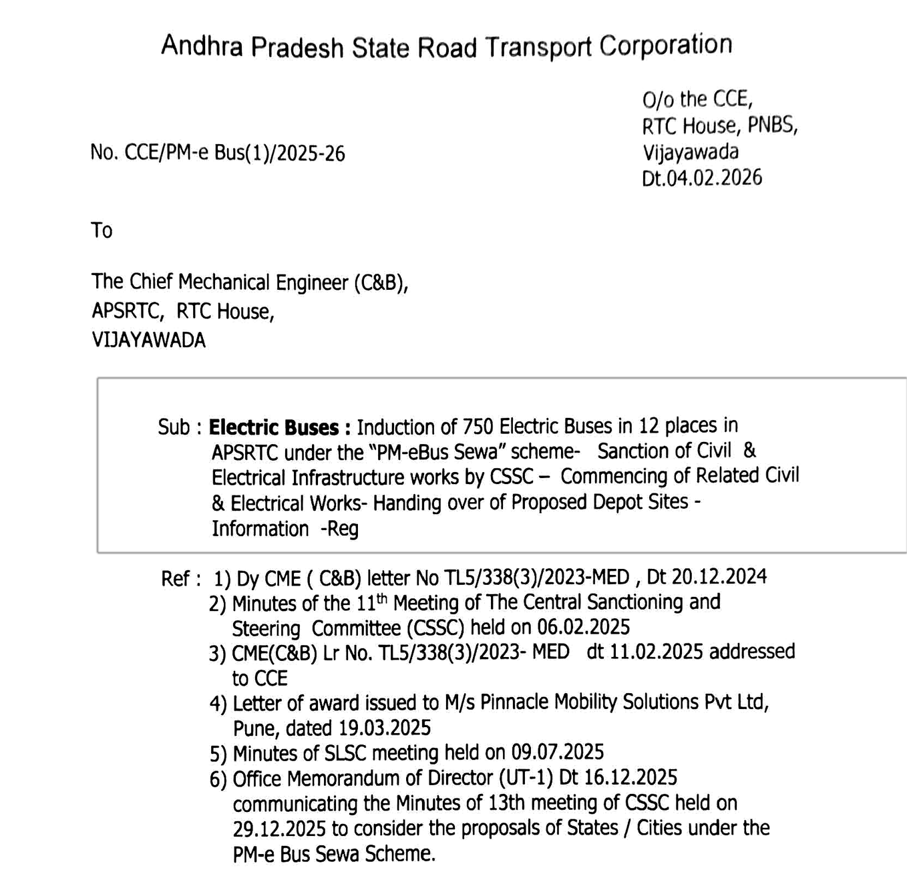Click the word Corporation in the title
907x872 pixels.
click(665, 45)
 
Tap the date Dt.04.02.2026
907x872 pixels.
click(702, 178)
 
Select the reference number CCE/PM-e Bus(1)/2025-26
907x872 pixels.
click(234, 154)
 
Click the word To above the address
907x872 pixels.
click(102, 230)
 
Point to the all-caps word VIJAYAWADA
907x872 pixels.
click(148, 340)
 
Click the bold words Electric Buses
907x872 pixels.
click(274, 427)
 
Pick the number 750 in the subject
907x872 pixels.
click(478, 426)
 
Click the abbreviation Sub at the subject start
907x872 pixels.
click(173, 427)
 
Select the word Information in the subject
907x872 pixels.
click(260, 529)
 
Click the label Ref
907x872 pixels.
click(175, 578)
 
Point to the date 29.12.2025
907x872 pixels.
click(279, 829)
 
